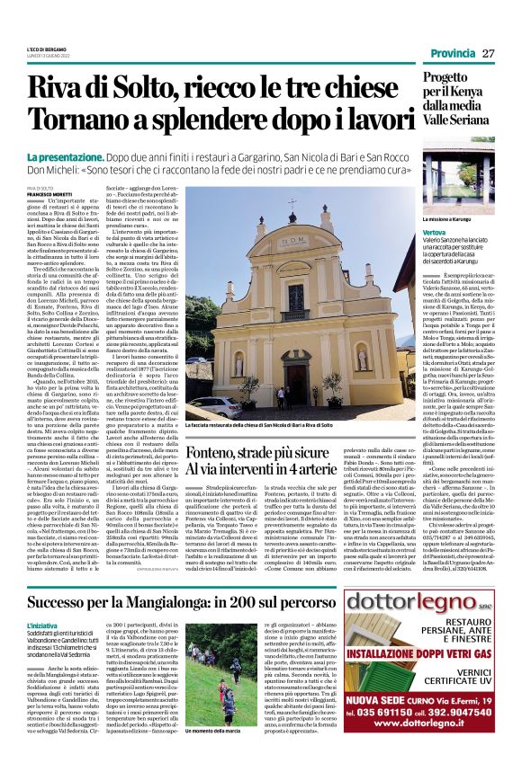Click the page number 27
(x=489, y=54)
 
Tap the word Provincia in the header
(x=453, y=54)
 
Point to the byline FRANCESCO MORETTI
(x=47, y=193)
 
